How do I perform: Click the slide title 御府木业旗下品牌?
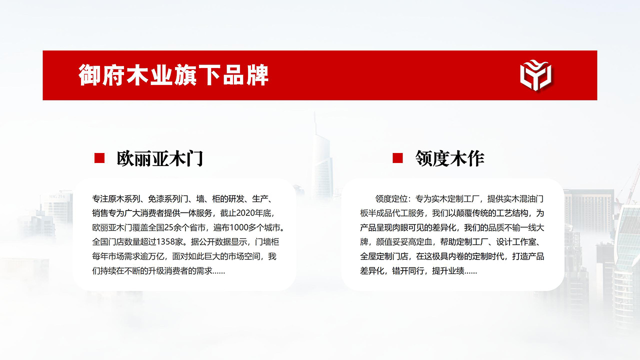(x=173, y=75)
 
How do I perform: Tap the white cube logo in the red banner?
(x=536, y=75)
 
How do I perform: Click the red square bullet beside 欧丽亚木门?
(x=99, y=158)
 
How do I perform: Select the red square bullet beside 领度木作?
(x=397, y=158)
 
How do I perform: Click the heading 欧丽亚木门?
(x=160, y=158)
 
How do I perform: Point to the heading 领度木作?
(x=449, y=158)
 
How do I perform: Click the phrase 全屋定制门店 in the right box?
(x=383, y=257)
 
